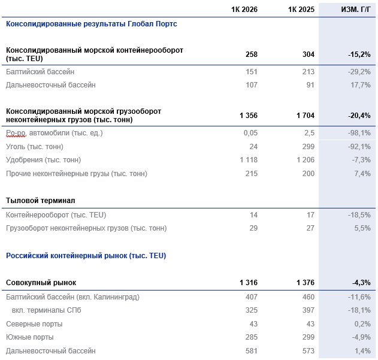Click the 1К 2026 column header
pyautogui.click(x=244, y=10)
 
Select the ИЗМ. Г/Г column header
pyautogui.click(x=356, y=10)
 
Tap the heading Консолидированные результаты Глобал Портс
pyautogui.click(x=92, y=24)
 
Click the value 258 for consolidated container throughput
pyautogui.click(x=252, y=55)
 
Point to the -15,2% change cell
pyautogui.click(x=359, y=55)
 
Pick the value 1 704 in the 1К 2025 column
pyautogui.click(x=306, y=116)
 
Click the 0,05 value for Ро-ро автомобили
pyautogui.click(x=250, y=133)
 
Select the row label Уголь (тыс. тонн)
pyautogui.click(x=35, y=147)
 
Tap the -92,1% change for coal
pyautogui.click(x=359, y=147)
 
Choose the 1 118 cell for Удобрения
pyautogui.click(x=249, y=160)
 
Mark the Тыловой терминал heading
pyautogui.click(x=41, y=201)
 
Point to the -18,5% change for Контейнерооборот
pyautogui.click(x=359, y=215)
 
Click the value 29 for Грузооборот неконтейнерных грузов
pyautogui.click(x=253, y=228)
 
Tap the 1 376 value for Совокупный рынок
pyautogui.click(x=306, y=283)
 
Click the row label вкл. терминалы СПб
pyautogui.click(x=47, y=310)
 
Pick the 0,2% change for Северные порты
pyautogui.click(x=362, y=324)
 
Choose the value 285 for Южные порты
pyautogui.click(x=252, y=337)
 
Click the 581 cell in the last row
pyautogui.click(x=252, y=351)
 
